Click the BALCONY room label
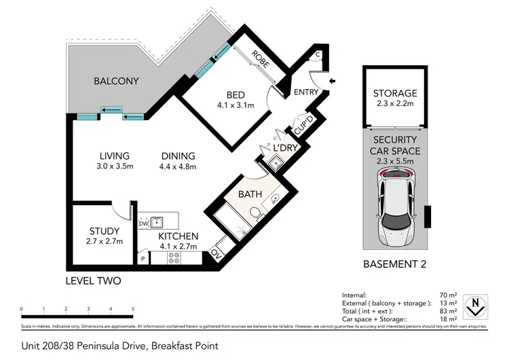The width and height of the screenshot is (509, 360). (116, 82)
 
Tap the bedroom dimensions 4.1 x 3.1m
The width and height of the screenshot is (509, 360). (234, 105)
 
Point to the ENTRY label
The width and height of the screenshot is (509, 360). (306, 93)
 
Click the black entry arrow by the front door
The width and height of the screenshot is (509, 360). (331, 81)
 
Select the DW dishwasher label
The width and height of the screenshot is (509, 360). (143, 223)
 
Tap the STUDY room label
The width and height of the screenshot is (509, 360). (104, 231)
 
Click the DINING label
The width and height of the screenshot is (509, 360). (177, 156)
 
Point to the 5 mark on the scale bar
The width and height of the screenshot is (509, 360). (132, 309)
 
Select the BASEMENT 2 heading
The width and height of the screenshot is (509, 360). (395, 264)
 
